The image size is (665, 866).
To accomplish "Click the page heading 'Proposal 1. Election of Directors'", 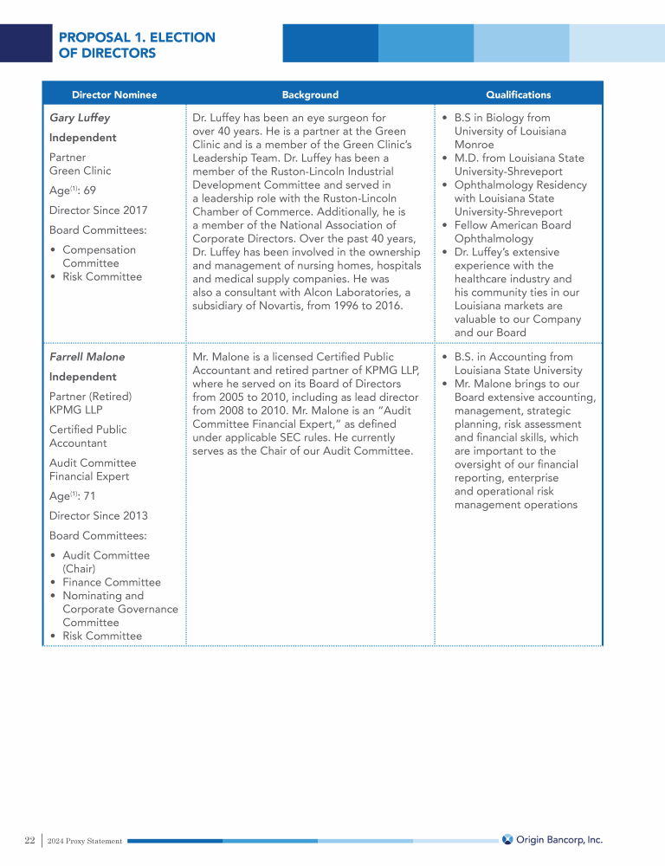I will (137, 45).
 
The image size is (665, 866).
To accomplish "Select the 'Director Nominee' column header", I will (114, 94).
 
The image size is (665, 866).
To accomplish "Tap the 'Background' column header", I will (310, 94).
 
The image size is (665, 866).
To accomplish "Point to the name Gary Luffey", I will (80, 118).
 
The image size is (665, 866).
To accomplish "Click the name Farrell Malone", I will (87, 357).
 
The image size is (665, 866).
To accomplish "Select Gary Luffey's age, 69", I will (89, 191).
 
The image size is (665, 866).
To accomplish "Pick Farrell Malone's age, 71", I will (89, 496).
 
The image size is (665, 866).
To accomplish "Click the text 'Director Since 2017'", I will (98, 210).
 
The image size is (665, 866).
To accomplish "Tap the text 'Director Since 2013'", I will (98, 516).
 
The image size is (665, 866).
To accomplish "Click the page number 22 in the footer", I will (29, 840).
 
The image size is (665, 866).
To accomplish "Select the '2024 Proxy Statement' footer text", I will (85, 841).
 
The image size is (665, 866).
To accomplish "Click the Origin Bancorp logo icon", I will (507, 839).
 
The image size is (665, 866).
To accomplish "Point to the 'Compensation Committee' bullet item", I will (99, 256).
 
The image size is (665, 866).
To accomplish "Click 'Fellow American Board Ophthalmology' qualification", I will (513, 232).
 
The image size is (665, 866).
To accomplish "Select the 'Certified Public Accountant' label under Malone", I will (87, 436).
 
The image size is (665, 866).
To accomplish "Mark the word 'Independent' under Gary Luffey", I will (82, 138).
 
